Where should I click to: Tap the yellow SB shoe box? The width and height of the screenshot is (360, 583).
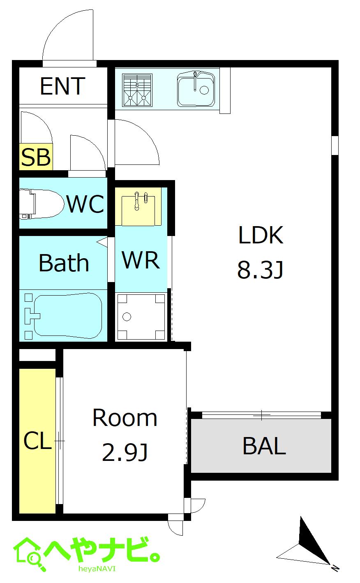36,157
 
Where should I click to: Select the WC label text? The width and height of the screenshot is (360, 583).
85,204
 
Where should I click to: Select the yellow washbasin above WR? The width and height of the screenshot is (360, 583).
138,207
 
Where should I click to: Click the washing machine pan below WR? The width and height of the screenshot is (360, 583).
141,317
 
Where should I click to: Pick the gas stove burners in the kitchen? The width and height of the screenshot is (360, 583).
137,90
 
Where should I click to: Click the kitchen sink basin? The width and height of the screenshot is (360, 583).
196,89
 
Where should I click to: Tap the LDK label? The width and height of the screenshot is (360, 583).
261,235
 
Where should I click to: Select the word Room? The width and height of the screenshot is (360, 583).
125,418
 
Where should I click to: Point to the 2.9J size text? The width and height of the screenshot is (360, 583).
125,452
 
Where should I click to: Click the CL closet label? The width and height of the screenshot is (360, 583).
37,440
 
